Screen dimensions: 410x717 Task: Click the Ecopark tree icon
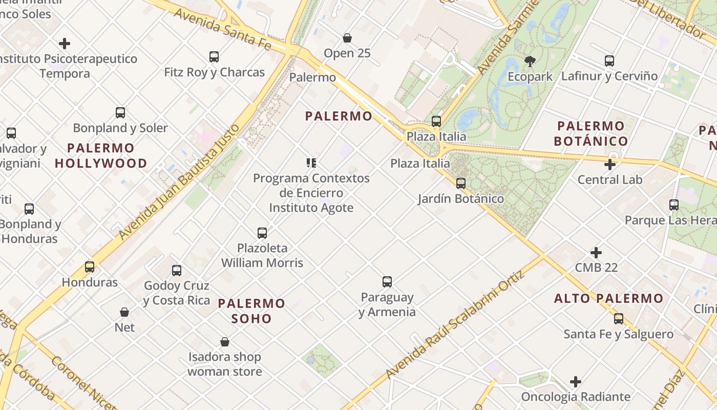coord(530,61)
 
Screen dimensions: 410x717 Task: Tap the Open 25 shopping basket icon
coord(347,38)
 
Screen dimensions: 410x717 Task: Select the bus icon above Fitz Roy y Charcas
coord(214,57)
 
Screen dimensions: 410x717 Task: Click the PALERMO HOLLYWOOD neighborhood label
coord(101,156)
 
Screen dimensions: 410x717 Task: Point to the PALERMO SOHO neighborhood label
coord(251,311)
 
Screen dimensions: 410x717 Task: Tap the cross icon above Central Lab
coord(609,165)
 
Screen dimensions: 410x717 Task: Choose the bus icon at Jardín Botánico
coord(461,183)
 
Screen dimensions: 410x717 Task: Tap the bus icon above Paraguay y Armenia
coord(387,282)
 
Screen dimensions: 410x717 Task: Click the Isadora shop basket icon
coord(225,342)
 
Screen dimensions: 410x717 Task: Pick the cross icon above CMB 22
coord(596,253)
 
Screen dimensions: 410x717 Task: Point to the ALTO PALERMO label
coord(608,298)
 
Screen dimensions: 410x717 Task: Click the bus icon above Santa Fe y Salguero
coord(619,319)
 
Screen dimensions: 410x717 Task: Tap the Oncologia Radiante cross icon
coord(576,382)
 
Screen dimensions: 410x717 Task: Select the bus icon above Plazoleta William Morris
coord(262,233)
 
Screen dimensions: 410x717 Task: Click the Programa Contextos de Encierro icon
coord(311,163)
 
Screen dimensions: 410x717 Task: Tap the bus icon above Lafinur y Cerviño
coord(609,61)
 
